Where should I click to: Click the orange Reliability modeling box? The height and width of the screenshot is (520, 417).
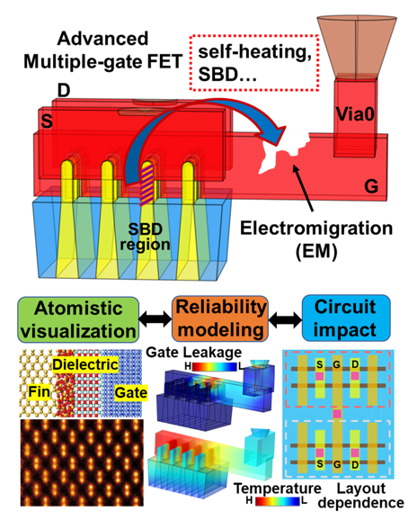pyautogui.click(x=220, y=318)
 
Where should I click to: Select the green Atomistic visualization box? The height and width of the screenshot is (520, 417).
pyautogui.click(x=78, y=319)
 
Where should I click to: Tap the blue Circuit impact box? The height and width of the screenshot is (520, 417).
pyautogui.click(x=346, y=318)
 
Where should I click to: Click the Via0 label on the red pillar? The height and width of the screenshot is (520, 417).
pyautogui.click(x=355, y=114)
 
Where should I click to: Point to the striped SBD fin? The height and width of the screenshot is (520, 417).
pyautogui.click(x=147, y=184)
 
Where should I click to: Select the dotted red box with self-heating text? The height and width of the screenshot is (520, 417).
pyautogui.click(x=254, y=63)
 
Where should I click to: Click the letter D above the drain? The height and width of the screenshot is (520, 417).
pyautogui.click(x=64, y=90)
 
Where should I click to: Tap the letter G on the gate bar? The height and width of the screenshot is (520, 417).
pyautogui.click(x=371, y=186)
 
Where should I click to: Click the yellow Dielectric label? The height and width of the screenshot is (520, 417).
pyautogui.click(x=85, y=364)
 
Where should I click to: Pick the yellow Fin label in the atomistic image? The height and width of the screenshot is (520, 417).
pyautogui.click(x=39, y=391)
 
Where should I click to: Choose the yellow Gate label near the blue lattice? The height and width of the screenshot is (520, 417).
pyautogui.click(x=131, y=392)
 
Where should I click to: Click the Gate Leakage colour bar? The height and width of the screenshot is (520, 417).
pyautogui.click(x=215, y=366)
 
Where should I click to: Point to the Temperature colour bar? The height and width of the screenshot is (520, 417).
pyautogui.click(x=278, y=501)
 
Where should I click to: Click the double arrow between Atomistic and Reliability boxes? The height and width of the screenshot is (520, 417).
pyautogui.click(x=155, y=319)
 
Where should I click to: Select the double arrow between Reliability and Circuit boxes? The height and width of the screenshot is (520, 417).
pyautogui.click(x=285, y=319)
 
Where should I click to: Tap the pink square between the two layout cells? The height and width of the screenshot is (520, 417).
pyautogui.click(x=337, y=414)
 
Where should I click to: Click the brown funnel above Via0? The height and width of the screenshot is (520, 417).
pyautogui.click(x=357, y=48)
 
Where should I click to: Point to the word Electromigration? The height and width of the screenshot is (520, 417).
pyautogui.click(x=316, y=229)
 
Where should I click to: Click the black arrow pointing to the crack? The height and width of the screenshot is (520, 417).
pyautogui.click(x=302, y=187)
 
